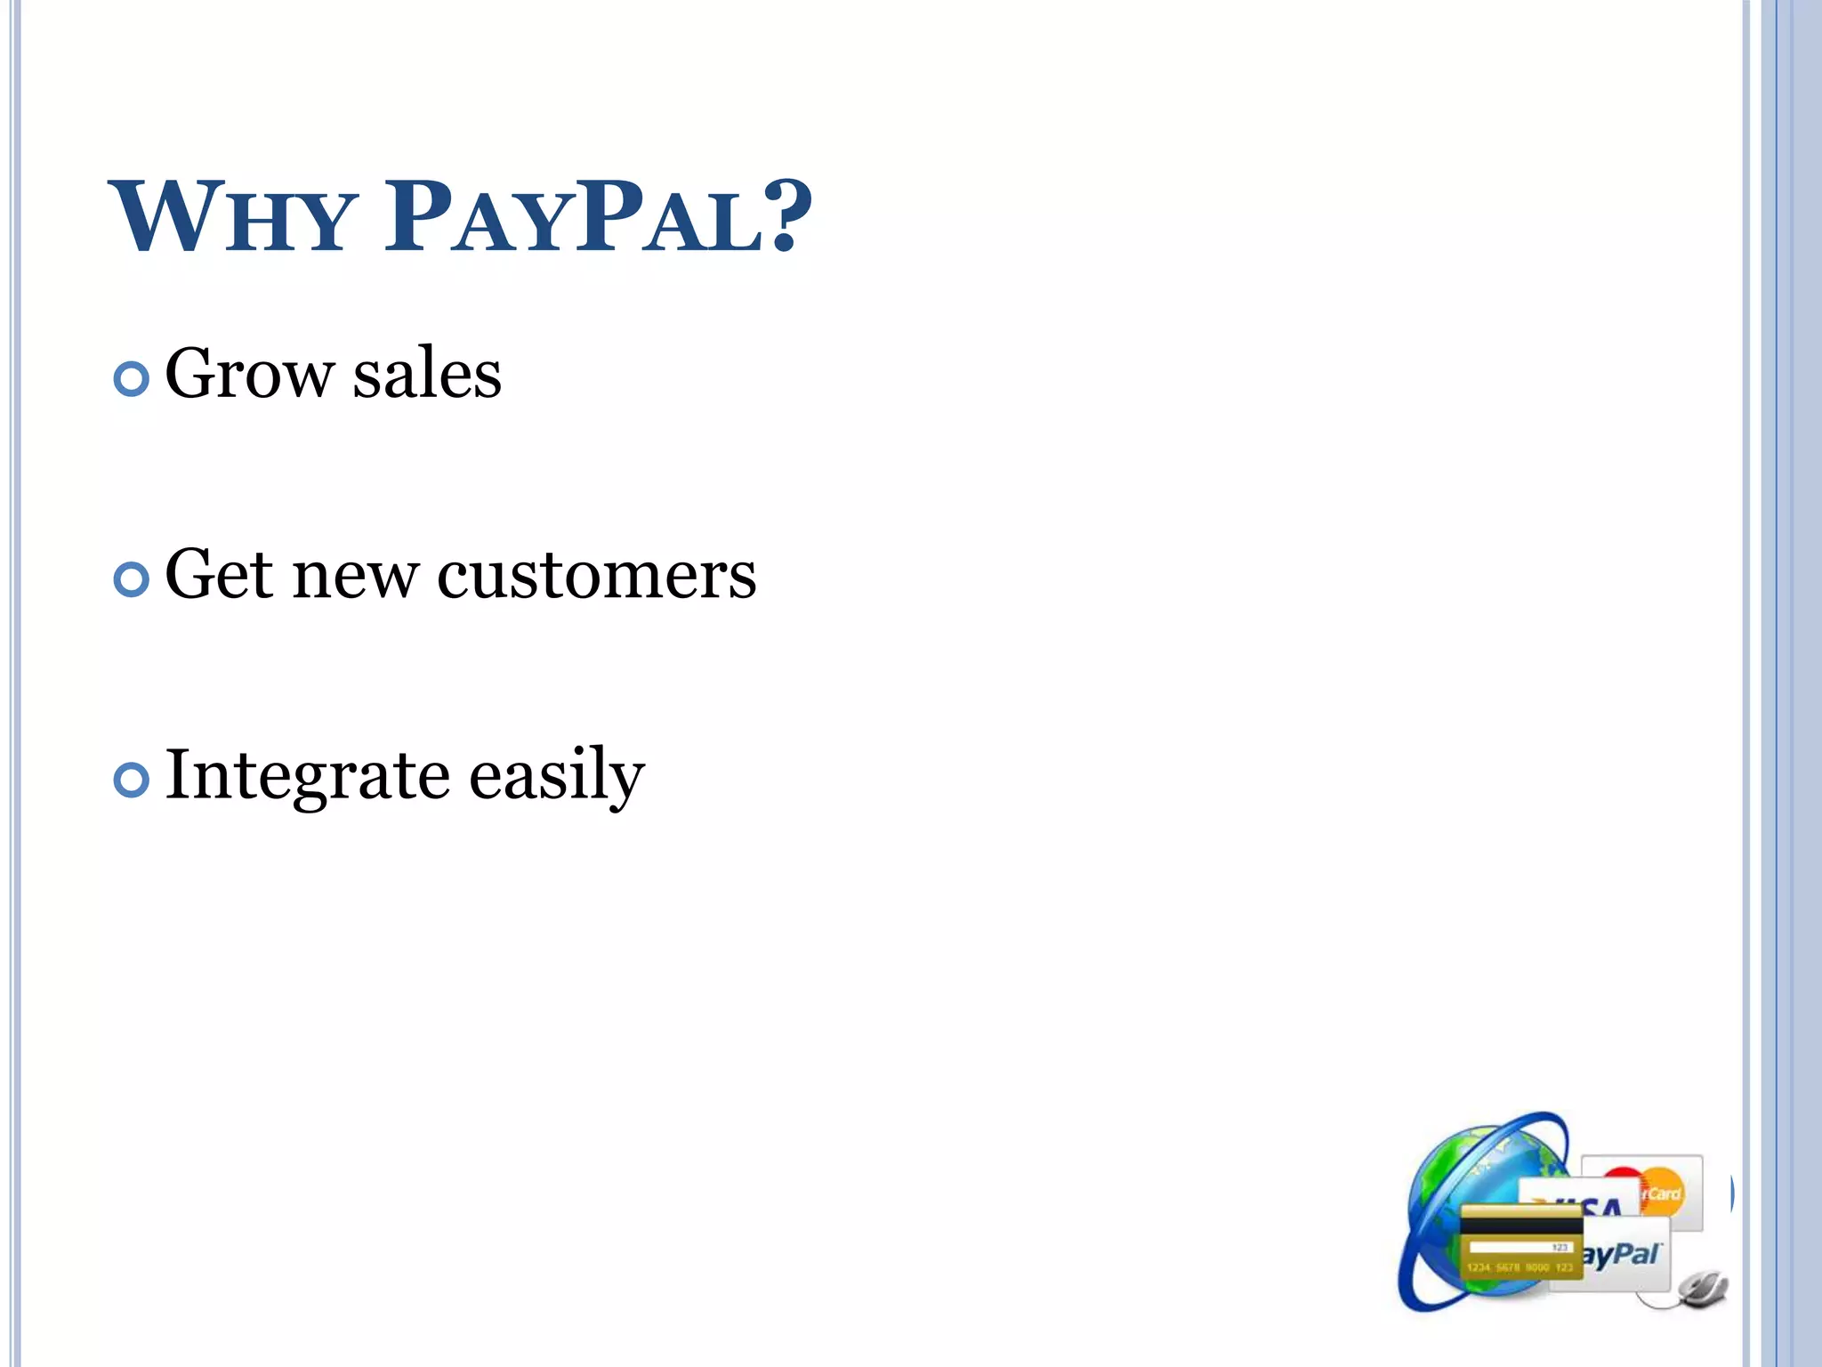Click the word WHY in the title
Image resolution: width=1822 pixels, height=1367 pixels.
point(233,217)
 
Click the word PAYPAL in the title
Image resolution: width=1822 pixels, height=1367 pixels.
point(573,217)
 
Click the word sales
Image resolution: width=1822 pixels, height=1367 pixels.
point(427,374)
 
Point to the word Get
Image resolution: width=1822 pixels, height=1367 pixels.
point(219,575)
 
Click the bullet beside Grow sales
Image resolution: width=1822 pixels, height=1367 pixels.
point(132,380)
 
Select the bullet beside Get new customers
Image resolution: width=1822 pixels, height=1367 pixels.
point(132,580)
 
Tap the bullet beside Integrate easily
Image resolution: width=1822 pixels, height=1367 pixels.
point(132,781)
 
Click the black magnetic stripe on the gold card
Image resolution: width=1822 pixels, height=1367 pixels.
point(1521,1227)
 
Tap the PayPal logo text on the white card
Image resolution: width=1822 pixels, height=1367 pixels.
point(1621,1256)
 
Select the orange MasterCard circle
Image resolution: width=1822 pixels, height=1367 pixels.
point(1660,1191)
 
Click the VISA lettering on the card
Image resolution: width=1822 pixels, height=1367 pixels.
point(1592,1207)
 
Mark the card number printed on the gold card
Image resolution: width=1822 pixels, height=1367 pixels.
point(1520,1267)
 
